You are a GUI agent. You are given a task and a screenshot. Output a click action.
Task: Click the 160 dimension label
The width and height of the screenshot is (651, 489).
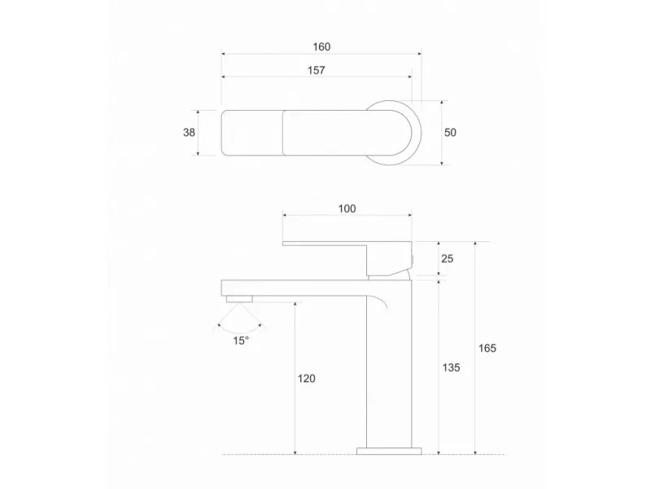321,46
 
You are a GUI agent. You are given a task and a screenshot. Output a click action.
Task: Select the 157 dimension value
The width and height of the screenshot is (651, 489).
316,70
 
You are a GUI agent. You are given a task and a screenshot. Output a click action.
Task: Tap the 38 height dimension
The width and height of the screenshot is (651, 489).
189,132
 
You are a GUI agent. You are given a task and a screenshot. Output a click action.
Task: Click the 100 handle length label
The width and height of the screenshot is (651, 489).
347,209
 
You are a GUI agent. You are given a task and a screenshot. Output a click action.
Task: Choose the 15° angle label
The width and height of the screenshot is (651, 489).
240,341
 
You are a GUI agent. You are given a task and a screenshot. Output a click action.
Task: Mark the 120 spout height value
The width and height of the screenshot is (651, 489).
306,378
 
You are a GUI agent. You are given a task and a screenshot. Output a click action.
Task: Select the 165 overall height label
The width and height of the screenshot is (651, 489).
487,348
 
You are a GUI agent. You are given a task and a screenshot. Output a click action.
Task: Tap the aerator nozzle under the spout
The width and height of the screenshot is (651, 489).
239,300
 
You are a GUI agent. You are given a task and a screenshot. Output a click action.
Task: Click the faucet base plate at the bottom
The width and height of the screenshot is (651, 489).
389,449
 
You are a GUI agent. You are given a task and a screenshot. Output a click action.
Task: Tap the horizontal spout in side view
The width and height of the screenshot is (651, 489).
293,286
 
